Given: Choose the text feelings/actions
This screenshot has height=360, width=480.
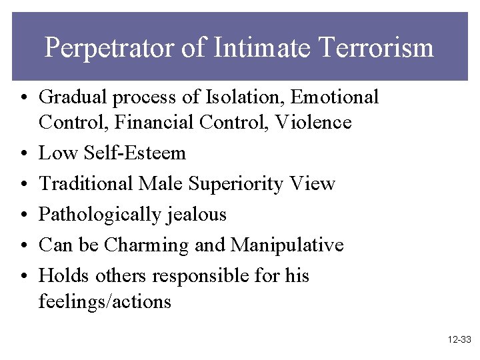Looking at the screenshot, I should (105, 301).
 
